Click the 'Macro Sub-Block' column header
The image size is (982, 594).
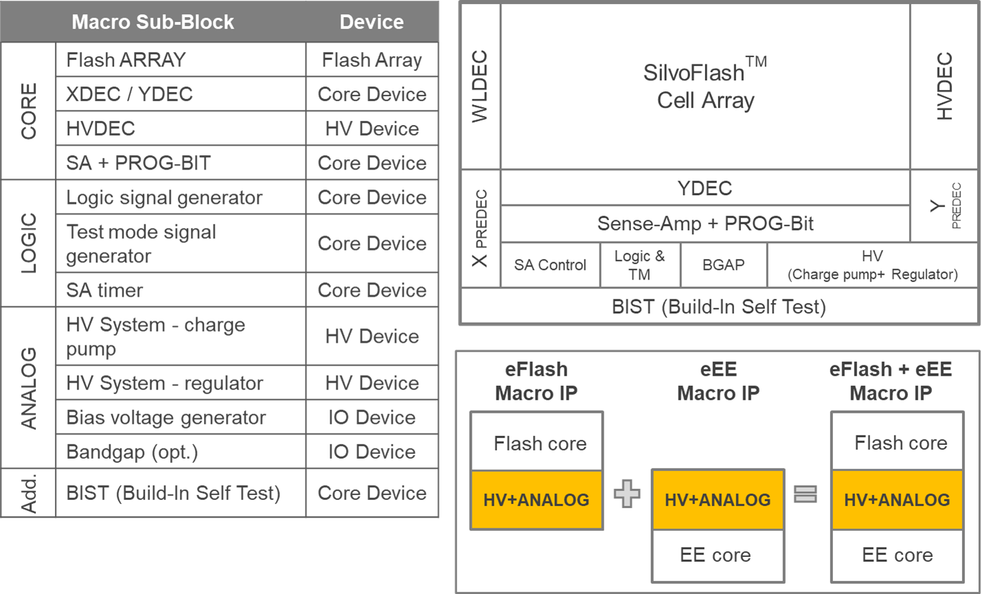tap(152, 22)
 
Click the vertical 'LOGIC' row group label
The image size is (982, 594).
tap(28, 243)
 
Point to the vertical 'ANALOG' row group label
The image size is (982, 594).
tap(28, 387)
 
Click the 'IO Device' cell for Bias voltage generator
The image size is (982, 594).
tap(372, 418)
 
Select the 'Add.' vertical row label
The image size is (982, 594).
tap(28, 493)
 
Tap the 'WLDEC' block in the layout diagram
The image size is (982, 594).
tap(480, 87)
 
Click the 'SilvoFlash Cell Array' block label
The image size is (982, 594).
tap(705, 87)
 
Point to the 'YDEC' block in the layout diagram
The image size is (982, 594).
tap(705, 188)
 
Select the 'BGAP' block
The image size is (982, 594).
tap(723, 265)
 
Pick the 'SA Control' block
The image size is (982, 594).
tap(550, 265)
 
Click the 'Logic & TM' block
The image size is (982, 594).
tap(639, 265)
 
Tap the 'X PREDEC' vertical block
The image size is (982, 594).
tap(480, 228)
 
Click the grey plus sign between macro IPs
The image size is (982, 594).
tap(627, 494)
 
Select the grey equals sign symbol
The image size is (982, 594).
tap(806, 494)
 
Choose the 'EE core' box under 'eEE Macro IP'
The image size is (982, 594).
tap(716, 555)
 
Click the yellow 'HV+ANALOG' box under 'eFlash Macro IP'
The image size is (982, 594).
tap(536, 500)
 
